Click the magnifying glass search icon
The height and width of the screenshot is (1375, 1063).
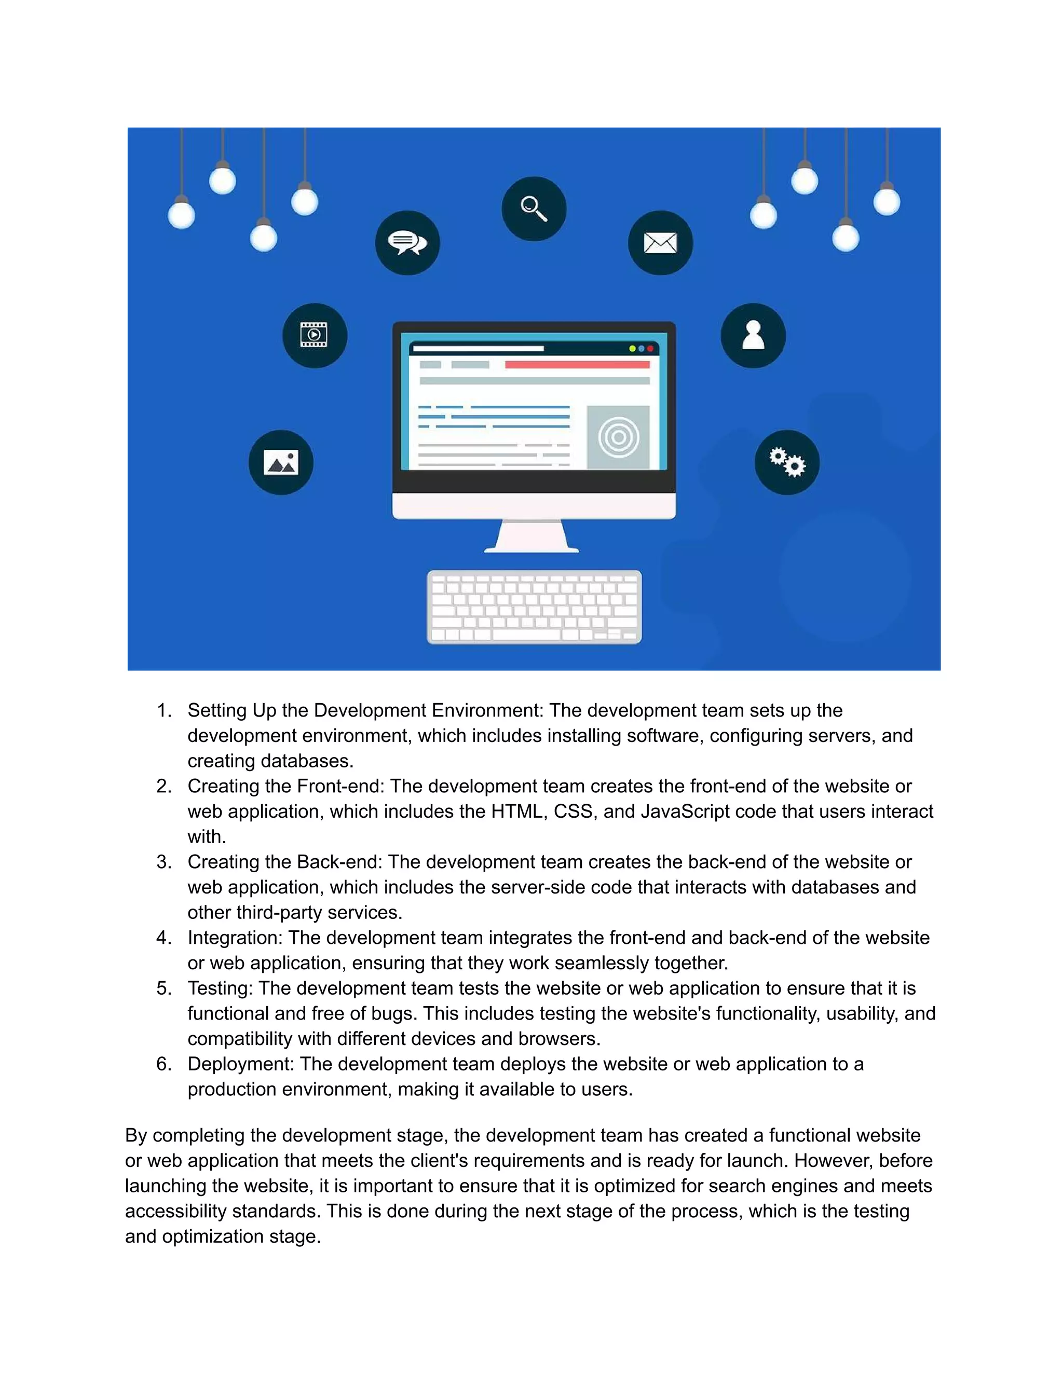point(534,209)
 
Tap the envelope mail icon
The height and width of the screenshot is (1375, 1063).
point(660,242)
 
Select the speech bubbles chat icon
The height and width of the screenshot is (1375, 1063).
point(407,242)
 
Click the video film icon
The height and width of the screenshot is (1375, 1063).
point(314,335)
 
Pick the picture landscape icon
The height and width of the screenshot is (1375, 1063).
point(281,462)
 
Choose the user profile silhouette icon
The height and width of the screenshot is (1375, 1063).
point(753,335)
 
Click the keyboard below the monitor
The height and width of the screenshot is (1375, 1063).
point(534,607)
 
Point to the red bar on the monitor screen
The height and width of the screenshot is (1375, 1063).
point(577,365)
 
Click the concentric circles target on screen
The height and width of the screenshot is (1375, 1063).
point(618,437)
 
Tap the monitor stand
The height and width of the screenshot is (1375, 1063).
point(533,537)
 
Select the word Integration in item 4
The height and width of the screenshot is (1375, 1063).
point(234,938)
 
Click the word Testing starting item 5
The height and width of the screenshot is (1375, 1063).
point(220,988)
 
